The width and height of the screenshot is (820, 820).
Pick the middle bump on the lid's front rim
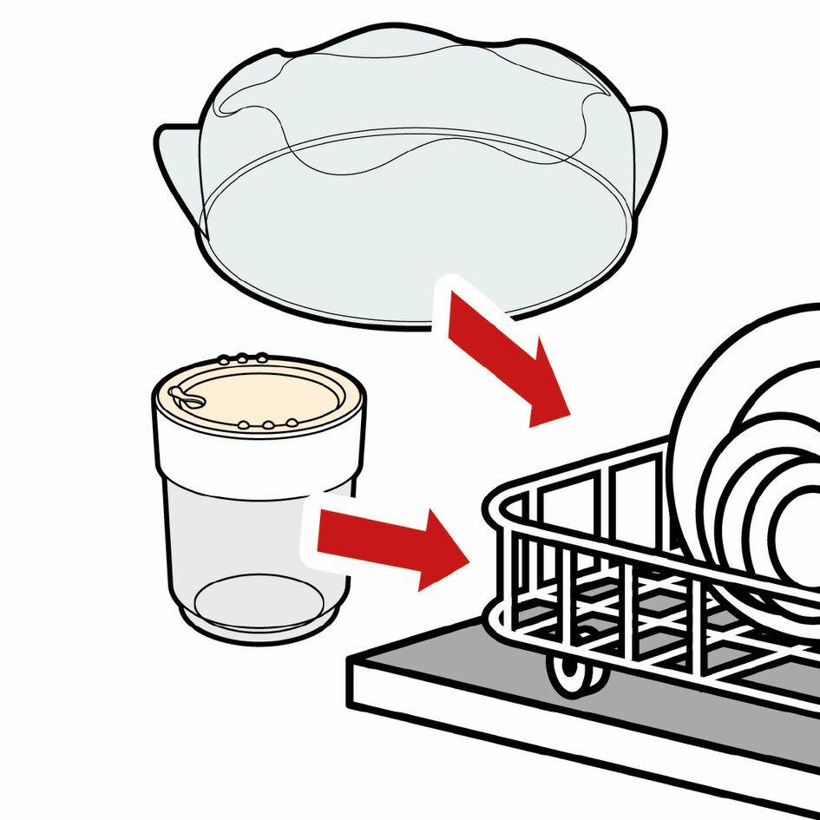pyautogui.click(x=269, y=425)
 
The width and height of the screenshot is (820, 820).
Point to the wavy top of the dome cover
pyautogui.click(x=417, y=52)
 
